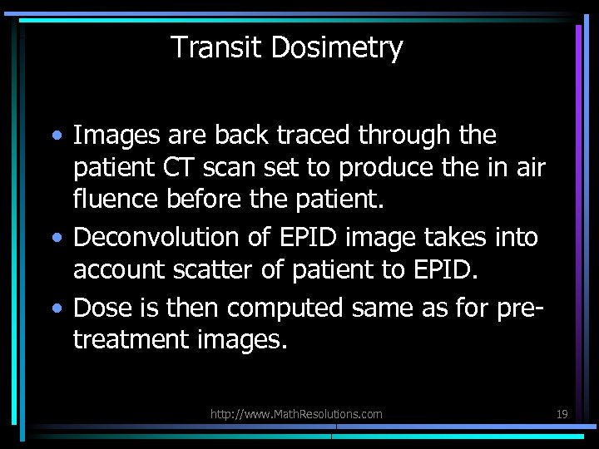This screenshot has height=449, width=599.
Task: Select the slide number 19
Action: click(x=562, y=413)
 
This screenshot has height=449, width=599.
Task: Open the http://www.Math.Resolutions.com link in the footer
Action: click(x=296, y=413)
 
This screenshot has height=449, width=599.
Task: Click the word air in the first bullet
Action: click(x=527, y=169)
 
